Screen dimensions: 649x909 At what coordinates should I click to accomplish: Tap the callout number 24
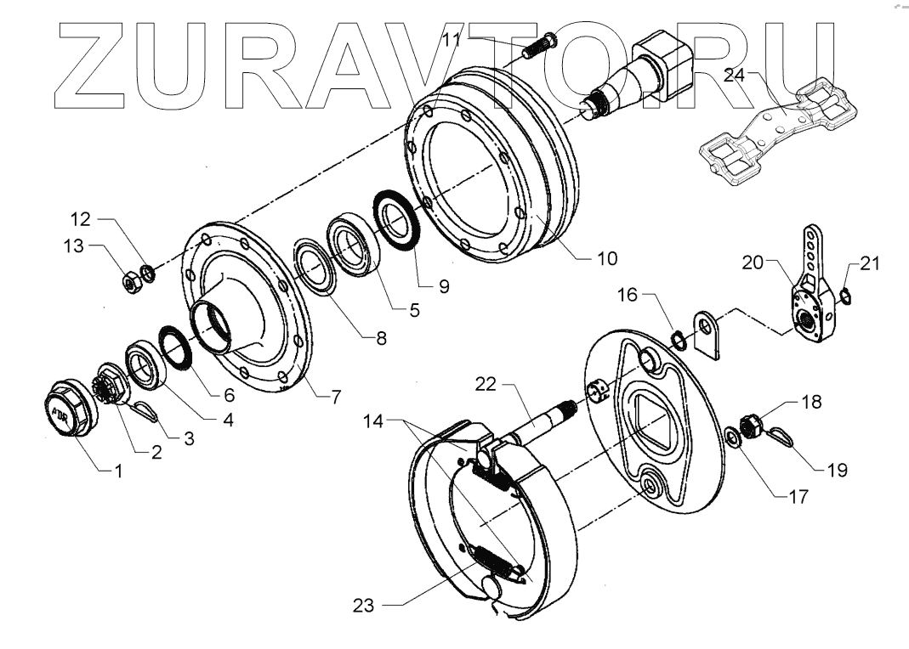coord(734,75)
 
